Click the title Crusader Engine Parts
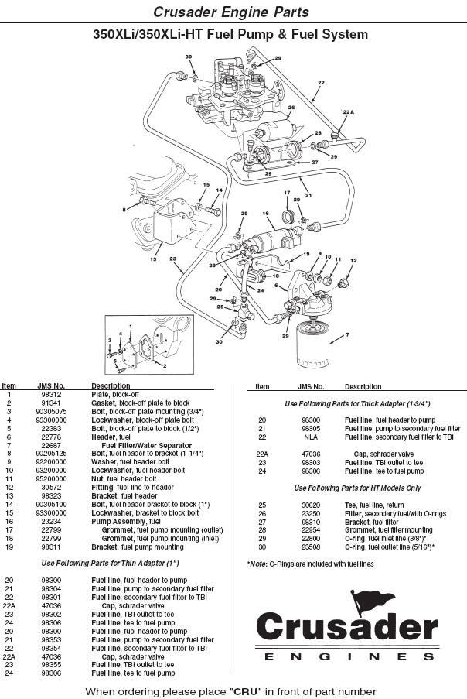tap(231, 12)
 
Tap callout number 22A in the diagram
tap(347, 112)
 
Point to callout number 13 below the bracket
tap(153, 260)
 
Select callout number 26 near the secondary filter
tap(291, 108)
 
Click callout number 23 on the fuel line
tap(172, 259)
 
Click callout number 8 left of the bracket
tap(124, 210)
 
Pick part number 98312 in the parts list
tap(51, 394)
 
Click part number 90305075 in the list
tap(51, 411)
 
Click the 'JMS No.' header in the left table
tap(51, 385)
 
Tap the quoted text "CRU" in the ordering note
tap(243, 690)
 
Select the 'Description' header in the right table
tap(363, 385)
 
